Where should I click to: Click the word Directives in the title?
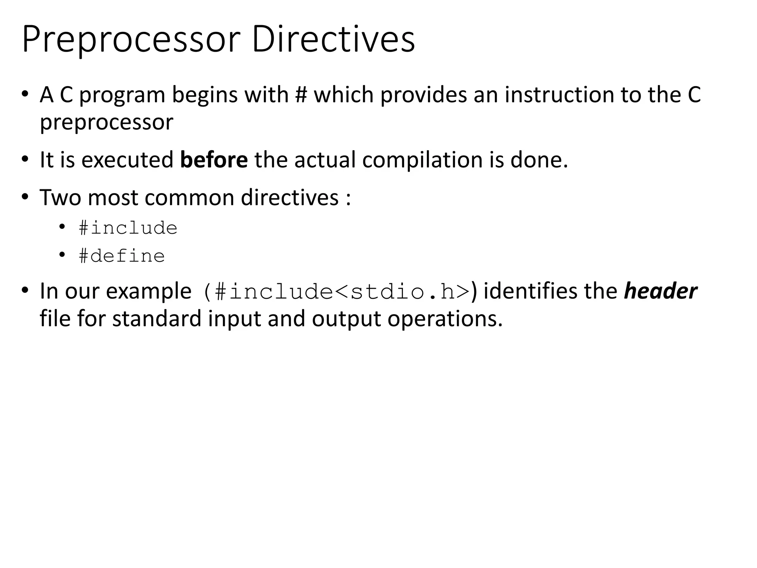click(333, 39)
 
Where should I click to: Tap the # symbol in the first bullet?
click(301, 95)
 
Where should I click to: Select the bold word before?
click(214, 160)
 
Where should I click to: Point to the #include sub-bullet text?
click(128, 228)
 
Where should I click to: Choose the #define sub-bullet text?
click(122, 256)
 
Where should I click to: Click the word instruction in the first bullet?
click(560, 95)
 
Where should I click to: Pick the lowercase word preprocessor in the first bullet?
click(106, 123)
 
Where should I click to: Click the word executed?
click(127, 160)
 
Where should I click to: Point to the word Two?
click(60, 197)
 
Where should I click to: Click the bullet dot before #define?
click(62, 255)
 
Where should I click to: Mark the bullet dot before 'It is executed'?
click(25, 159)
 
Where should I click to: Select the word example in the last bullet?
click(148, 292)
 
